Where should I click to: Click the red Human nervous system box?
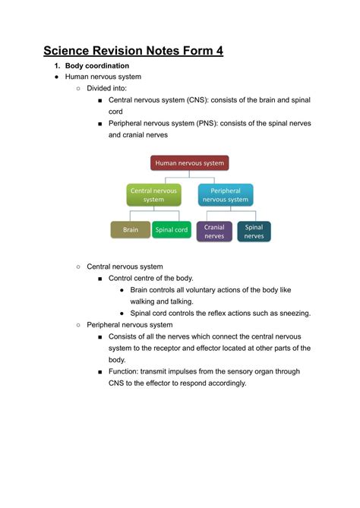(x=189, y=162)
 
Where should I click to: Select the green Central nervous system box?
(x=153, y=195)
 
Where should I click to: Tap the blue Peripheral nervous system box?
(x=226, y=195)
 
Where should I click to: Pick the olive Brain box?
(x=131, y=229)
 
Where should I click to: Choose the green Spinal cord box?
(x=172, y=229)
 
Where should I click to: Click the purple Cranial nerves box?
(x=214, y=231)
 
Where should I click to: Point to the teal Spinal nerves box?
(x=254, y=231)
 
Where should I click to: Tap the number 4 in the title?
(x=219, y=52)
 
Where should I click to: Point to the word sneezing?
(x=292, y=313)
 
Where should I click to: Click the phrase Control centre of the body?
(x=151, y=278)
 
